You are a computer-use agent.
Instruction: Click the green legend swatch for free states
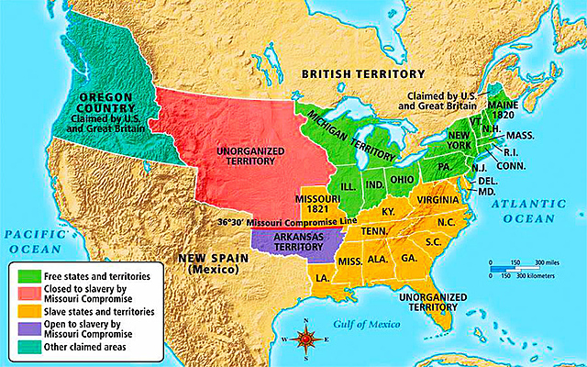27,274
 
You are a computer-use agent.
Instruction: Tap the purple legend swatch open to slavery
27,328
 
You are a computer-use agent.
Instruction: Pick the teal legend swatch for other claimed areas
27,347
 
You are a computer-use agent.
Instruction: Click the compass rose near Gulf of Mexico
309,340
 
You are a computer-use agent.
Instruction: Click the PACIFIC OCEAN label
35,242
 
